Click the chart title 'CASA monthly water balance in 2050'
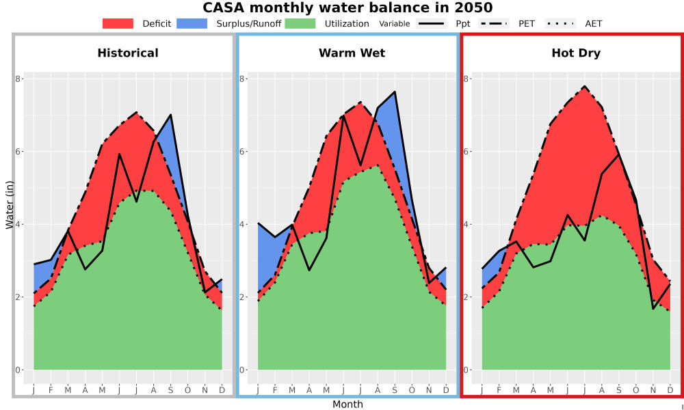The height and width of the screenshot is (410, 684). pyautogui.click(x=347, y=8)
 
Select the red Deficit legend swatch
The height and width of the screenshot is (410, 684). pyautogui.click(x=118, y=23)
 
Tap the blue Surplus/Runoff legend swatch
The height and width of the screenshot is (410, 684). pyautogui.click(x=192, y=23)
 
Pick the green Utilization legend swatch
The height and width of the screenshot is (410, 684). pyautogui.click(x=300, y=23)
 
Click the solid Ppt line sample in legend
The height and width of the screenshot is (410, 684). pyautogui.click(x=431, y=23)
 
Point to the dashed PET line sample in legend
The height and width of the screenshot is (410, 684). pyautogui.click(x=493, y=23)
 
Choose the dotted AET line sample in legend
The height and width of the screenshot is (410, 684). pyautogui.click(x=560, y=23)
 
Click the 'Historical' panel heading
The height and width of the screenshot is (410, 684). pyautogui.click(x=128, y=53)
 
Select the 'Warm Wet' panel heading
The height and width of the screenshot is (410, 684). pyautogui.click(x=352, y=53)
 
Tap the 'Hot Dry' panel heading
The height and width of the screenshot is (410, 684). pyautogui.click(x=576, y=53)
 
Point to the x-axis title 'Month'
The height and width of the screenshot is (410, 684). pyautogui.click(x=347, y=405)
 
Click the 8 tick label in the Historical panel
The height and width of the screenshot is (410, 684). pyautogui.click(x=18, y=79)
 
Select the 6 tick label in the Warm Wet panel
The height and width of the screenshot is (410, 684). pyautogui.click(x=241, y=152)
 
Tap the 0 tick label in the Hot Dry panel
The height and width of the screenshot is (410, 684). pyautogui.click(x=465, y=370)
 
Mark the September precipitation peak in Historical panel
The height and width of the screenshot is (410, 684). pyautogui.click(x=170, y=115)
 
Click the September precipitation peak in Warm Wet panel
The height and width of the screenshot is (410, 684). pyautogui.click(x=395, y=92)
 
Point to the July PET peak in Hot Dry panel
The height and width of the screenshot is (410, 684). pyautogui.click(x=584, y=86)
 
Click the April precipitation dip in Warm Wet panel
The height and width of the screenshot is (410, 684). pyautogui.click(x=309, y=270)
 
